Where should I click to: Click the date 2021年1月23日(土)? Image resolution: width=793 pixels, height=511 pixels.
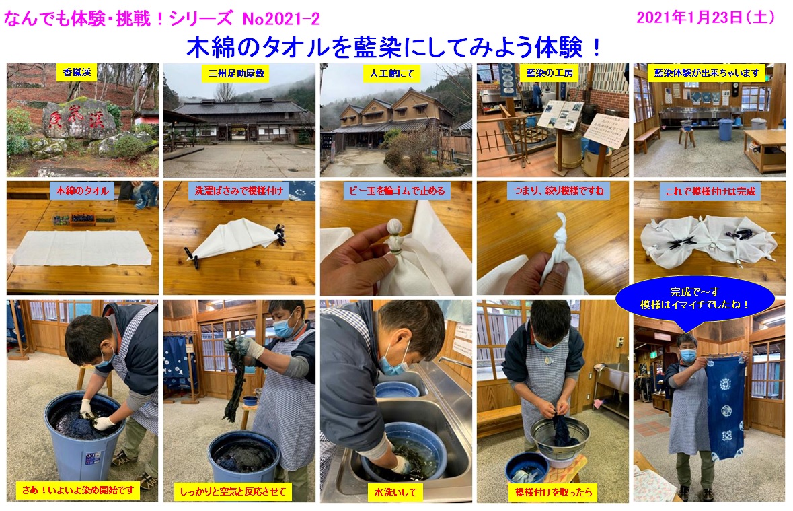[x=706, y=18]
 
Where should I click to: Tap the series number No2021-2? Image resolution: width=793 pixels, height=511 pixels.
[x=281, y=19]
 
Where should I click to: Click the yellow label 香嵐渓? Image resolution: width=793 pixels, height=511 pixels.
[x=77, y=73]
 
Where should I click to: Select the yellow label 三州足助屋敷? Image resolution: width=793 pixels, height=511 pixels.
[x=236, y=73]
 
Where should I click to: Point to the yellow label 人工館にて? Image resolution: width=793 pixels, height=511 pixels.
[x=392, y=73]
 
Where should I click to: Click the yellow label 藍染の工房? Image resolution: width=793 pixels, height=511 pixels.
[x=550, y=73]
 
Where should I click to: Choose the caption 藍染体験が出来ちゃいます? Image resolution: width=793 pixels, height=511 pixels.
[x=707, y=73]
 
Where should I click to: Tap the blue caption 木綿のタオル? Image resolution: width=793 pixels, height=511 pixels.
[x=82, y=191]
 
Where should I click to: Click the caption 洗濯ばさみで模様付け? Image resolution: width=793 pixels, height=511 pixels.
[x=239, y=191]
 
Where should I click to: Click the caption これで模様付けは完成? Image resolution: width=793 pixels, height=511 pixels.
[x=710, y=191]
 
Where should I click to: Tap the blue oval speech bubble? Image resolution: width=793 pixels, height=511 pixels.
[x=695, y=298]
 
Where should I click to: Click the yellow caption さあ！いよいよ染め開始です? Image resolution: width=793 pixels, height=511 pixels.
[x=78, y=490]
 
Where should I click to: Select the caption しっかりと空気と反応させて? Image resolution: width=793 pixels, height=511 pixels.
[x=233, y=491]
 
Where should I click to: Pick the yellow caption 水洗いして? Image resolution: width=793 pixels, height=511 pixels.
[x=395, y=491]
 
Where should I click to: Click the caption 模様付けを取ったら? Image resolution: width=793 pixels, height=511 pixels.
[x=554, y=491]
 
